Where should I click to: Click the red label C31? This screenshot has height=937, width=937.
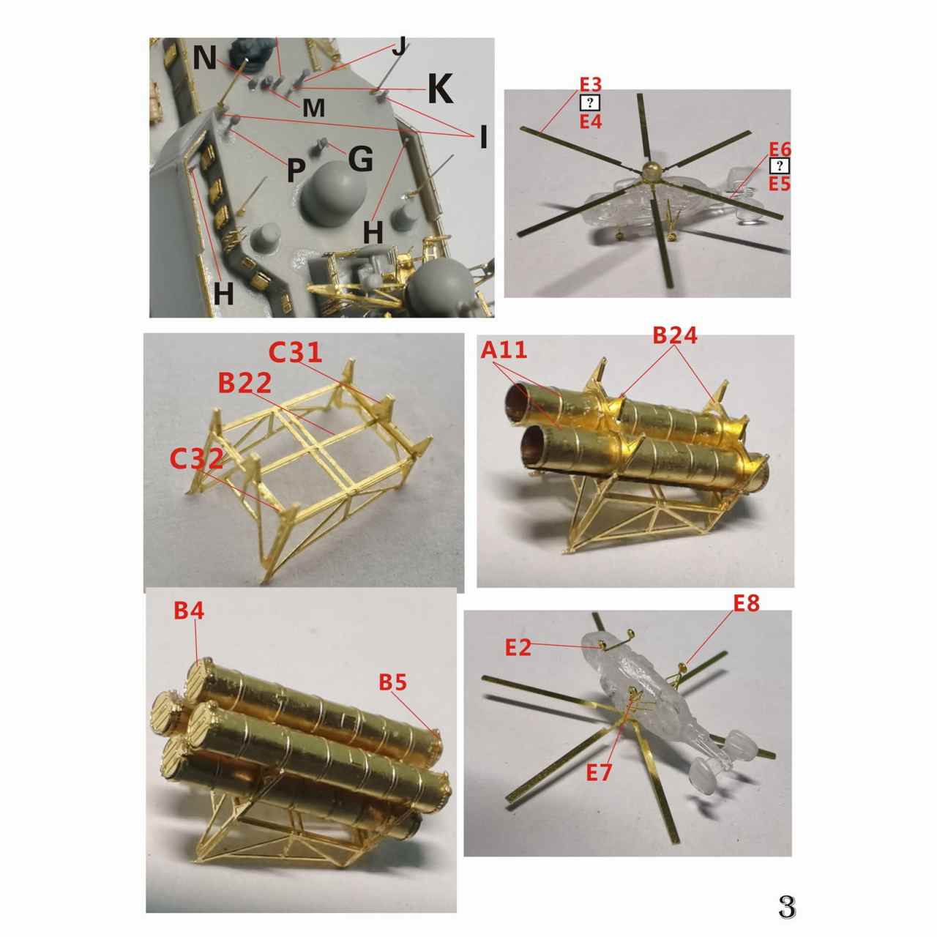pyautogui.click(x=295, y=352)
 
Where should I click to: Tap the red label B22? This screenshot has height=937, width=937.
pyautogui.click(x=244, y=384)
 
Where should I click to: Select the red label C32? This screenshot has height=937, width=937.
pyautogui.click(x=197, y=458)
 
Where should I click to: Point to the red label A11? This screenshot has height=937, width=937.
pyautogui.click(x=504, y=350)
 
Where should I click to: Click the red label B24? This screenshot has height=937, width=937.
pyautogui.click(x=675, y=335)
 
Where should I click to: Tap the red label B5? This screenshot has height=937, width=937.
pyautogui.click(x=393, y=683)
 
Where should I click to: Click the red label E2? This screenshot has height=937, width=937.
pyautogui.click(x=518, y=648)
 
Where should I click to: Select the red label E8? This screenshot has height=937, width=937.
pyautogui.click(x=747, y=603)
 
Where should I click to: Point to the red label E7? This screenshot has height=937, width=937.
pyautogui.click(x=598, y=772)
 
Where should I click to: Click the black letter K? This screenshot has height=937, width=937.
pyautogui.click(x=441, y=89)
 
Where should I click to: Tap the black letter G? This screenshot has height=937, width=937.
pyautogui.click(x=360, y=159)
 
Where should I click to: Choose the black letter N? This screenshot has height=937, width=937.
pyautogui.click(x=205, y=58)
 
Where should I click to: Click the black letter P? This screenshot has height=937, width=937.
pyautogui.click(x=296, y=170)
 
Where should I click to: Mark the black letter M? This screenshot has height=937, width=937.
pyautogui.click(x=313, y=108)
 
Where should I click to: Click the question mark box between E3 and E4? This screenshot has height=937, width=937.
pyautogui.click(x=590, y=102)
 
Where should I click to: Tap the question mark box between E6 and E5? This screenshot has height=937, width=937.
pyautogui.click(x=780, y=166)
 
